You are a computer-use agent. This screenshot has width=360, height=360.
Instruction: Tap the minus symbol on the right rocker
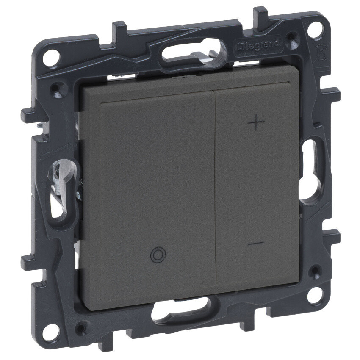click(256, 243)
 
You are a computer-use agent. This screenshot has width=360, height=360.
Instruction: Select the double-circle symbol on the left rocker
click(158, 255)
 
